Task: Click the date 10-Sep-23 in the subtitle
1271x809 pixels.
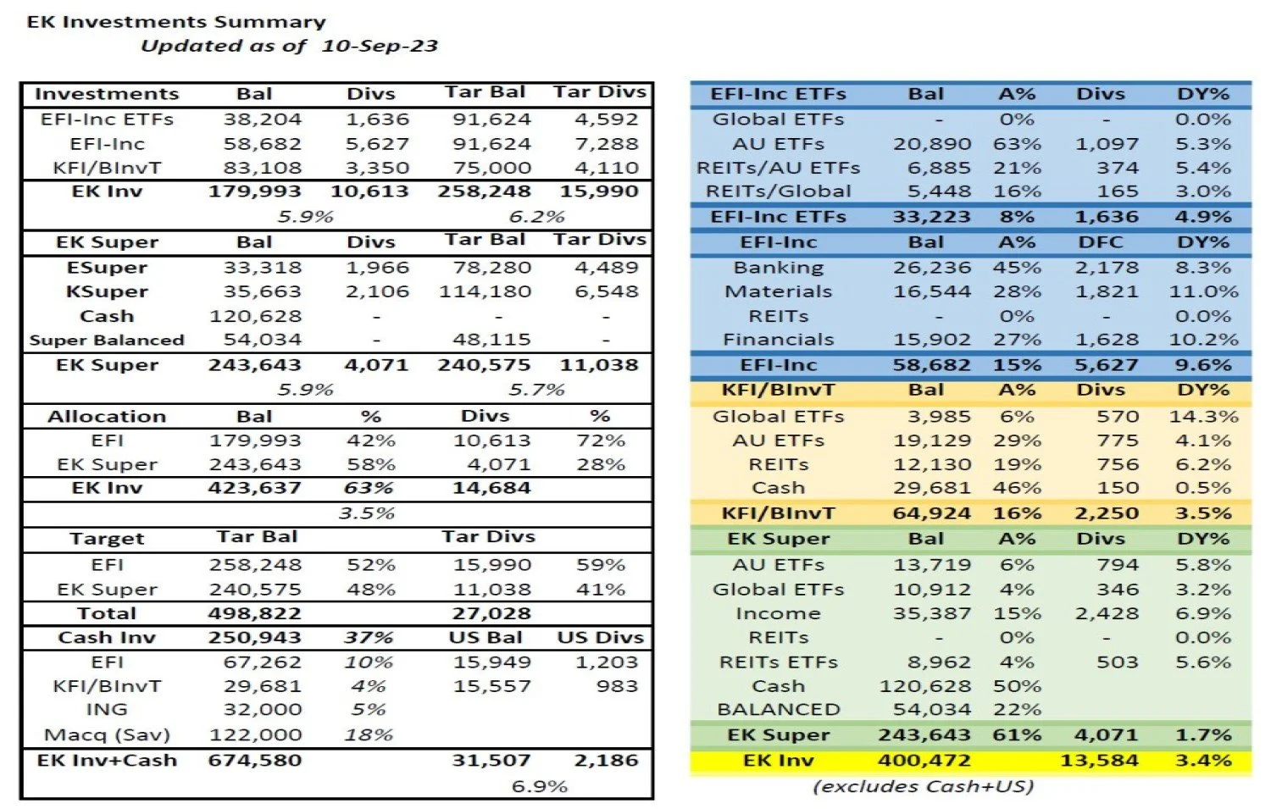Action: [379, 46]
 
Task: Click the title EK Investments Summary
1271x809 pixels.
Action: [176, 22]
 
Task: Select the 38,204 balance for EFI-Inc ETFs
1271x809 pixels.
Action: [262, 119]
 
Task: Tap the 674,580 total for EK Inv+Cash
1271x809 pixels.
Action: [254, 761]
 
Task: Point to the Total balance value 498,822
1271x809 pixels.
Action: [254, 613]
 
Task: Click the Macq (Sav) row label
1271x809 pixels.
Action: [107, 735]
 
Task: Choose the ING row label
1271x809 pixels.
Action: [107, 710]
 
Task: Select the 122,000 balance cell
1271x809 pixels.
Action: [254, 735]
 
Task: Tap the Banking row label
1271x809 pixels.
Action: [778, 268]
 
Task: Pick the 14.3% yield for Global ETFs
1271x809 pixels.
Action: [1203, 417]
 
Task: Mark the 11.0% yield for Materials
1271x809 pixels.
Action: [1203, 292]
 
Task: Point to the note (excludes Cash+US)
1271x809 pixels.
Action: [923, 787]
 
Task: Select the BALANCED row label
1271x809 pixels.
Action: [778, 710]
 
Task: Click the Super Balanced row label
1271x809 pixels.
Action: [107, 341]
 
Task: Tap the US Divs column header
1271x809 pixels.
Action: [600, 638]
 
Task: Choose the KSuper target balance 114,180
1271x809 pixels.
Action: [485, 292]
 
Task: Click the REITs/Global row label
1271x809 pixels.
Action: [778, 192]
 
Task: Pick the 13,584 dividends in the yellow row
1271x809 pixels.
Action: [1099, 761]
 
